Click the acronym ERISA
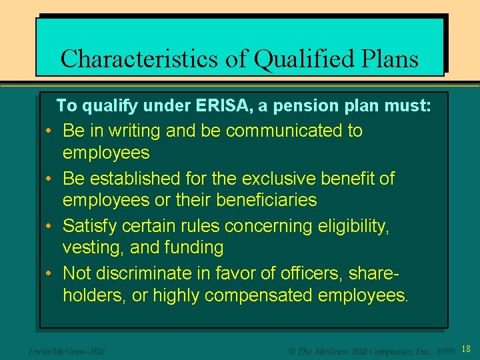[218, 105]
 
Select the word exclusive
[280, 179]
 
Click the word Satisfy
[89, 226]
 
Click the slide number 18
[466, 349]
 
